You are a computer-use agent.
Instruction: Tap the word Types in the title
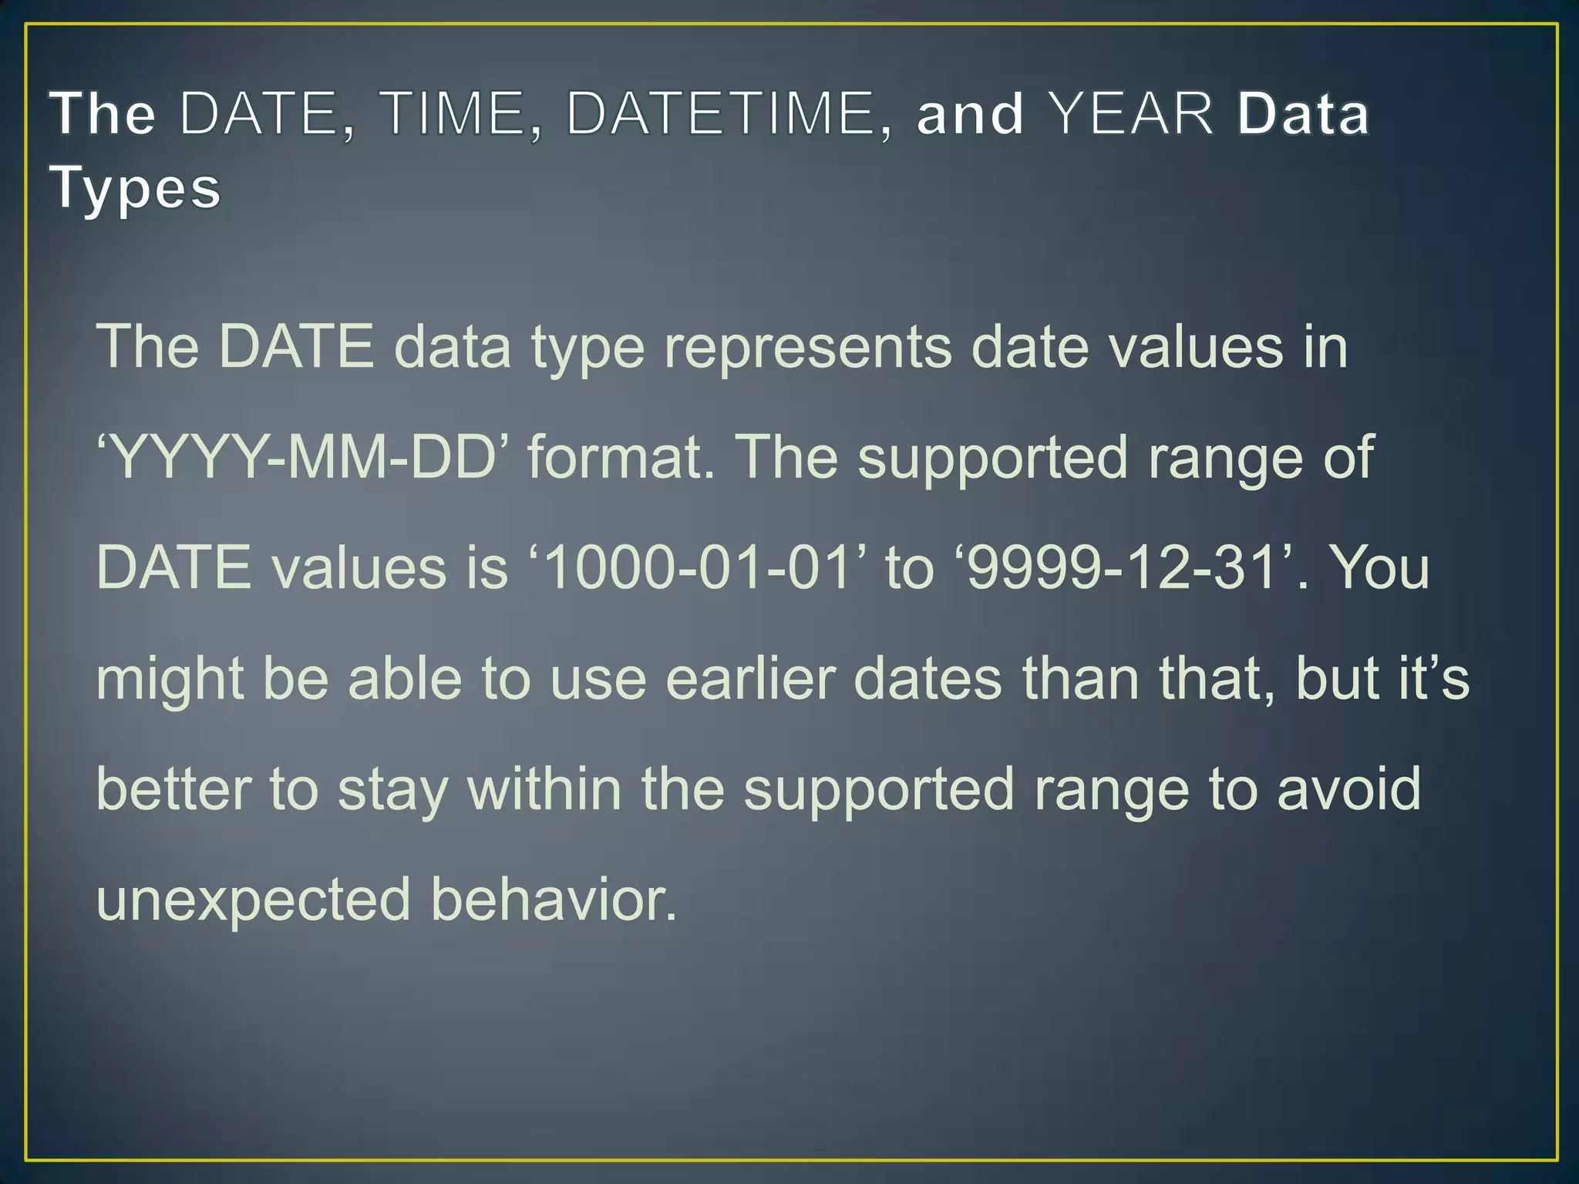136,187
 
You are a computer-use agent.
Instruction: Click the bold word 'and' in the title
971,114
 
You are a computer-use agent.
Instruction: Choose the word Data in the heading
1303,114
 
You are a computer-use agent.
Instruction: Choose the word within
544,789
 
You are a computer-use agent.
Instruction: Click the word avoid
1349,789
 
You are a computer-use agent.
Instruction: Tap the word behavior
554,899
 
